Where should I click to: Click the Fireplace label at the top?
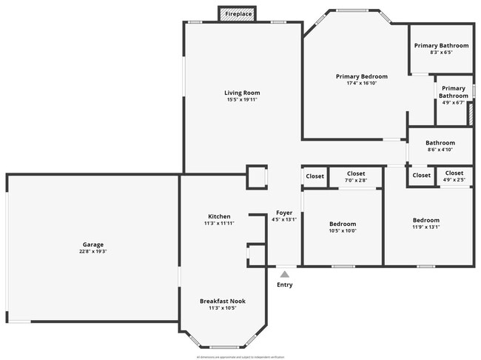(238, 14)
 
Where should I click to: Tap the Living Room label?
(242, 93)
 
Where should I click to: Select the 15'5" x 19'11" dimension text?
(242, 100)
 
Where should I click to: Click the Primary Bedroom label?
(362, 76)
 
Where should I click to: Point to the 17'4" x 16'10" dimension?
(362, 83)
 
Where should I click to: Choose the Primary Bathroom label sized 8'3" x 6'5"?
(441, 45)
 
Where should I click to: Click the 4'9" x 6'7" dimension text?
(452, 102)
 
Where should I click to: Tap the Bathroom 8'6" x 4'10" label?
(440, 143)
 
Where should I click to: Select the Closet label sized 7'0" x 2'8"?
(356, 173)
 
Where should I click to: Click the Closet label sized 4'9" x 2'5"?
(454, 173)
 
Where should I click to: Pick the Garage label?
(93, 244)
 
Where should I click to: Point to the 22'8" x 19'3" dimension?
(93, 252)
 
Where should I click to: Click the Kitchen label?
(219, 216)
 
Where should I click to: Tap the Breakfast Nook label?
(223, 301)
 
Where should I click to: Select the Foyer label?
(284, 213)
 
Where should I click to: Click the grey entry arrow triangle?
(284, 274)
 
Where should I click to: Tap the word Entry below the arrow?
(284, 284)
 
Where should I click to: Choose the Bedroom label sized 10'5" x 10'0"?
(343, 224)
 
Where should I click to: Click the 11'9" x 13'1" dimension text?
(426, 227)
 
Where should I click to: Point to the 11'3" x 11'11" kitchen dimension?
(219, 224)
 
